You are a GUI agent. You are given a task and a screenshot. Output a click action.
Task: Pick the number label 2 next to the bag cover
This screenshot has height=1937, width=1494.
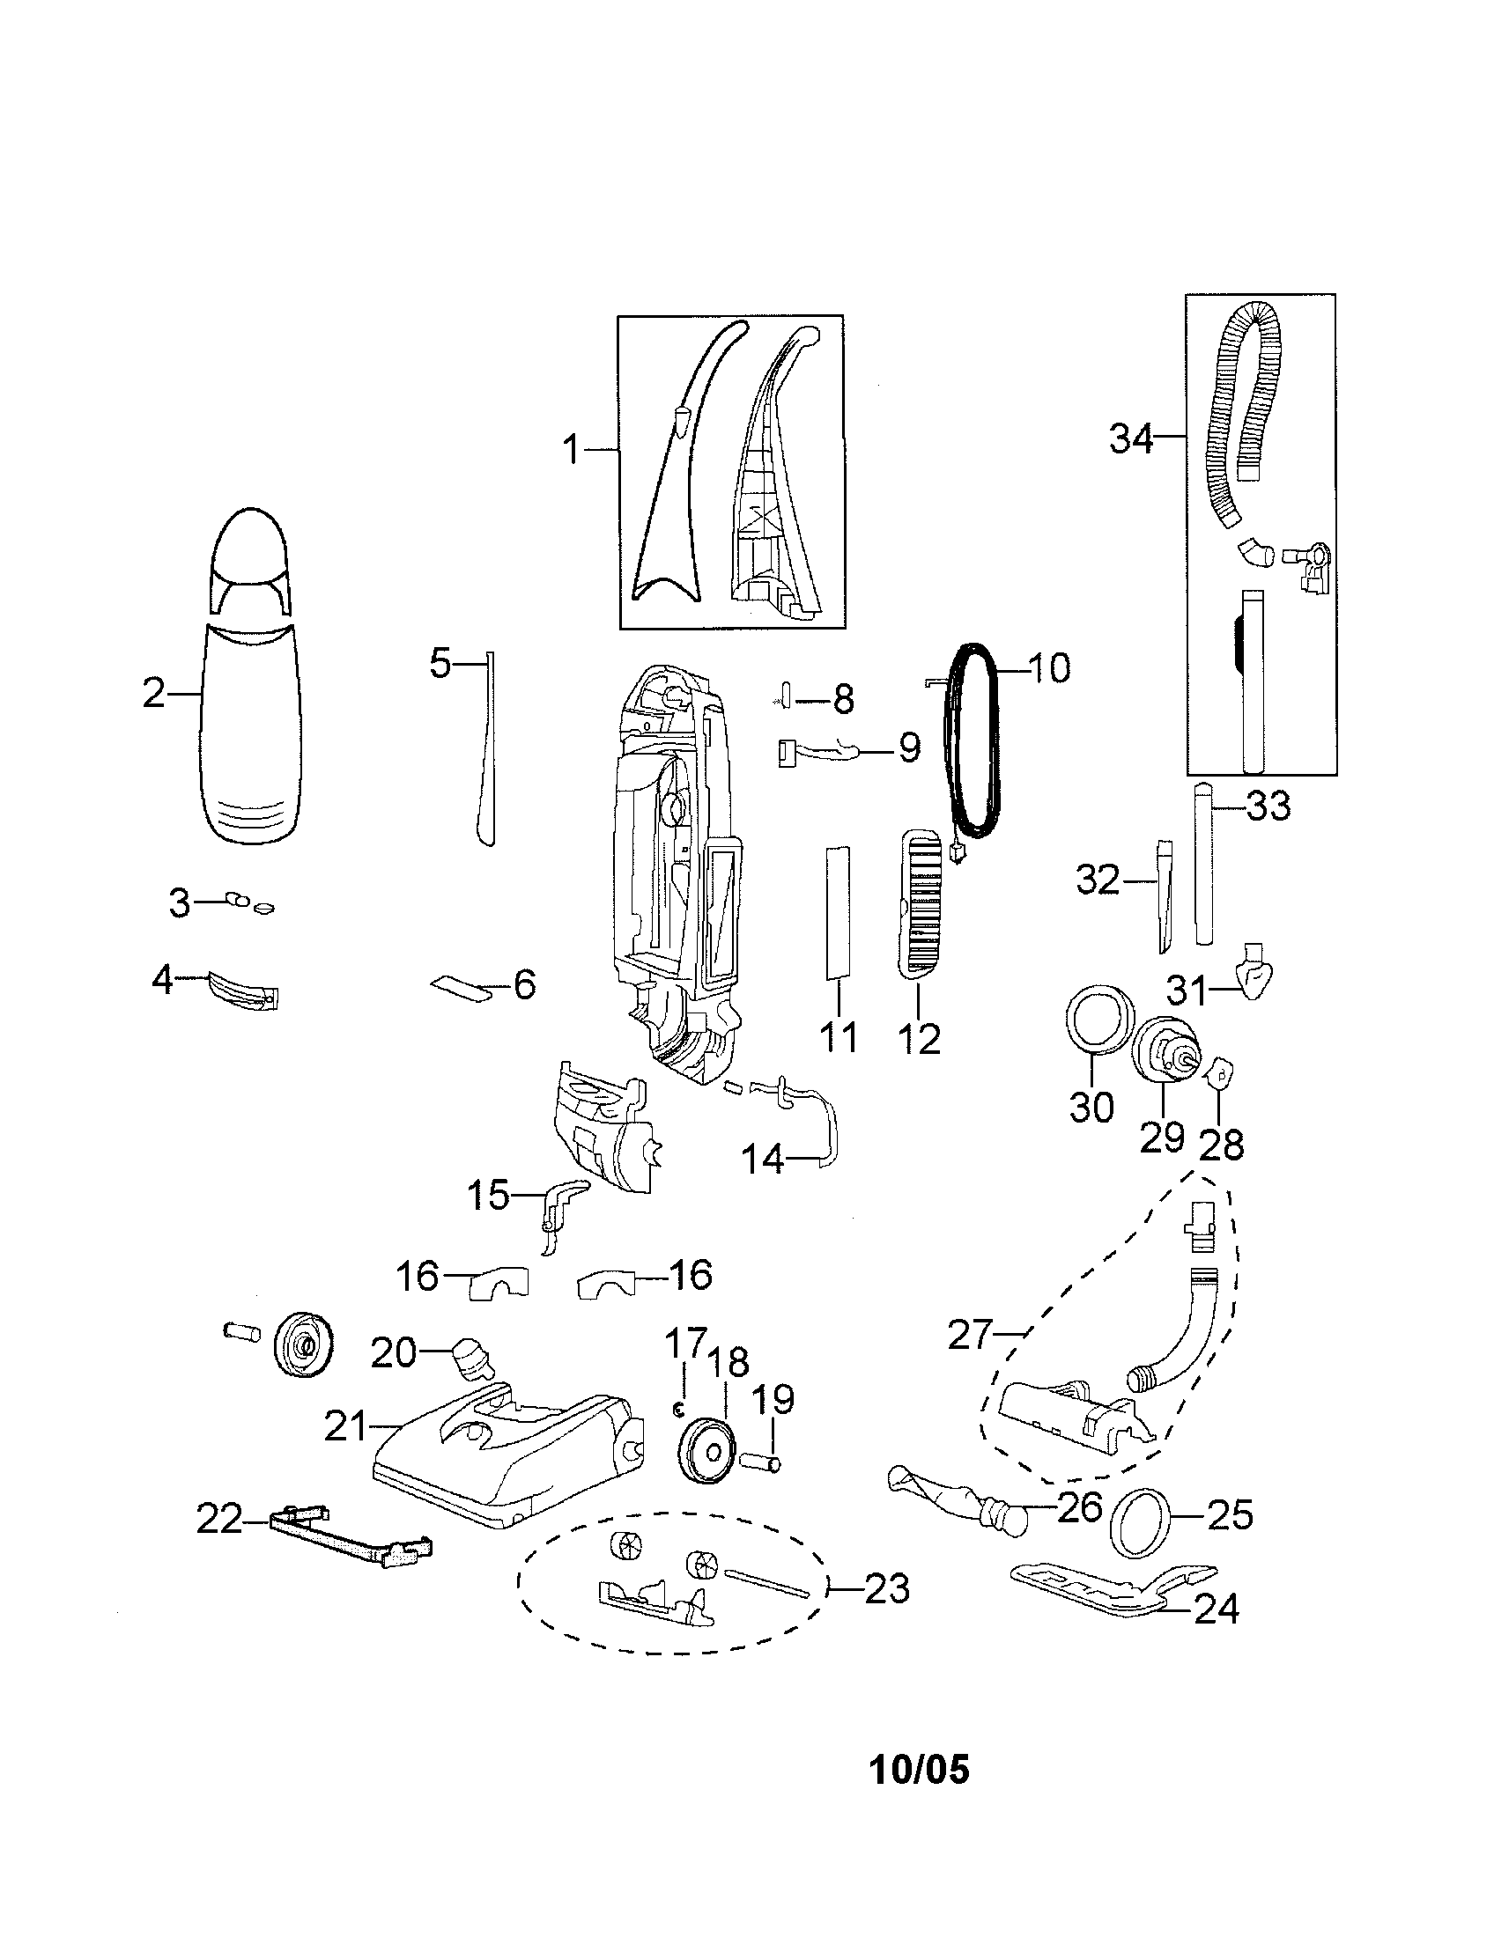click(x=153, y=693)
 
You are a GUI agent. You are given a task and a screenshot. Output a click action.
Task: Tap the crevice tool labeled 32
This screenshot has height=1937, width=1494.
click(x=1163, y=895)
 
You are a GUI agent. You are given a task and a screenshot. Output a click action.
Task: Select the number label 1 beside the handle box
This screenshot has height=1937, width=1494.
click(x=572, y=451)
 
